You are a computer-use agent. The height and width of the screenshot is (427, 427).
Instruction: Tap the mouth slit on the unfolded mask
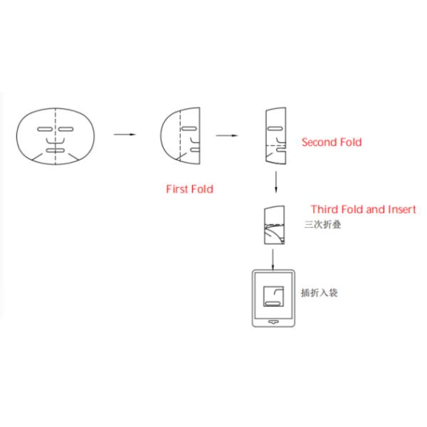pyautogui.click(x=55, y=151)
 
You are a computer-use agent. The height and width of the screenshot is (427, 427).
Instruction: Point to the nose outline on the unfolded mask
pyautogui.click(x=55, y=142)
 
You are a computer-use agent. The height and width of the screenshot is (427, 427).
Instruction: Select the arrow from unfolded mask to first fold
pyautogui.click(x=125, y=133)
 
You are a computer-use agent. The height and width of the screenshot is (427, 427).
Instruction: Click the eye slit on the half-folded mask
pyautogui.click(x=188, y=128)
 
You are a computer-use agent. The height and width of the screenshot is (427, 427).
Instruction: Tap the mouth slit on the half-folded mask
pyautogui.click(x=192, y=151)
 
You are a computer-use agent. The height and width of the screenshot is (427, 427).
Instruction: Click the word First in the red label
pyautogui.click(x=176, y=189)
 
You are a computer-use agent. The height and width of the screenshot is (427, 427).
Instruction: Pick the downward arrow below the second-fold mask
pyautogui.click(x=275, y=181)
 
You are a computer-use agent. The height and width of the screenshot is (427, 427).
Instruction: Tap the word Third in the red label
pyautogui.click(x=327, y=210)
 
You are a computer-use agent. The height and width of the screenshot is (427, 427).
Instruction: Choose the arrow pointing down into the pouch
pyautogui.click(x=274, y=258)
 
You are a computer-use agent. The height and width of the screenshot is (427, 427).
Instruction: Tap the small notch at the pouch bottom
pyautogui.click(x=274, y=322)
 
